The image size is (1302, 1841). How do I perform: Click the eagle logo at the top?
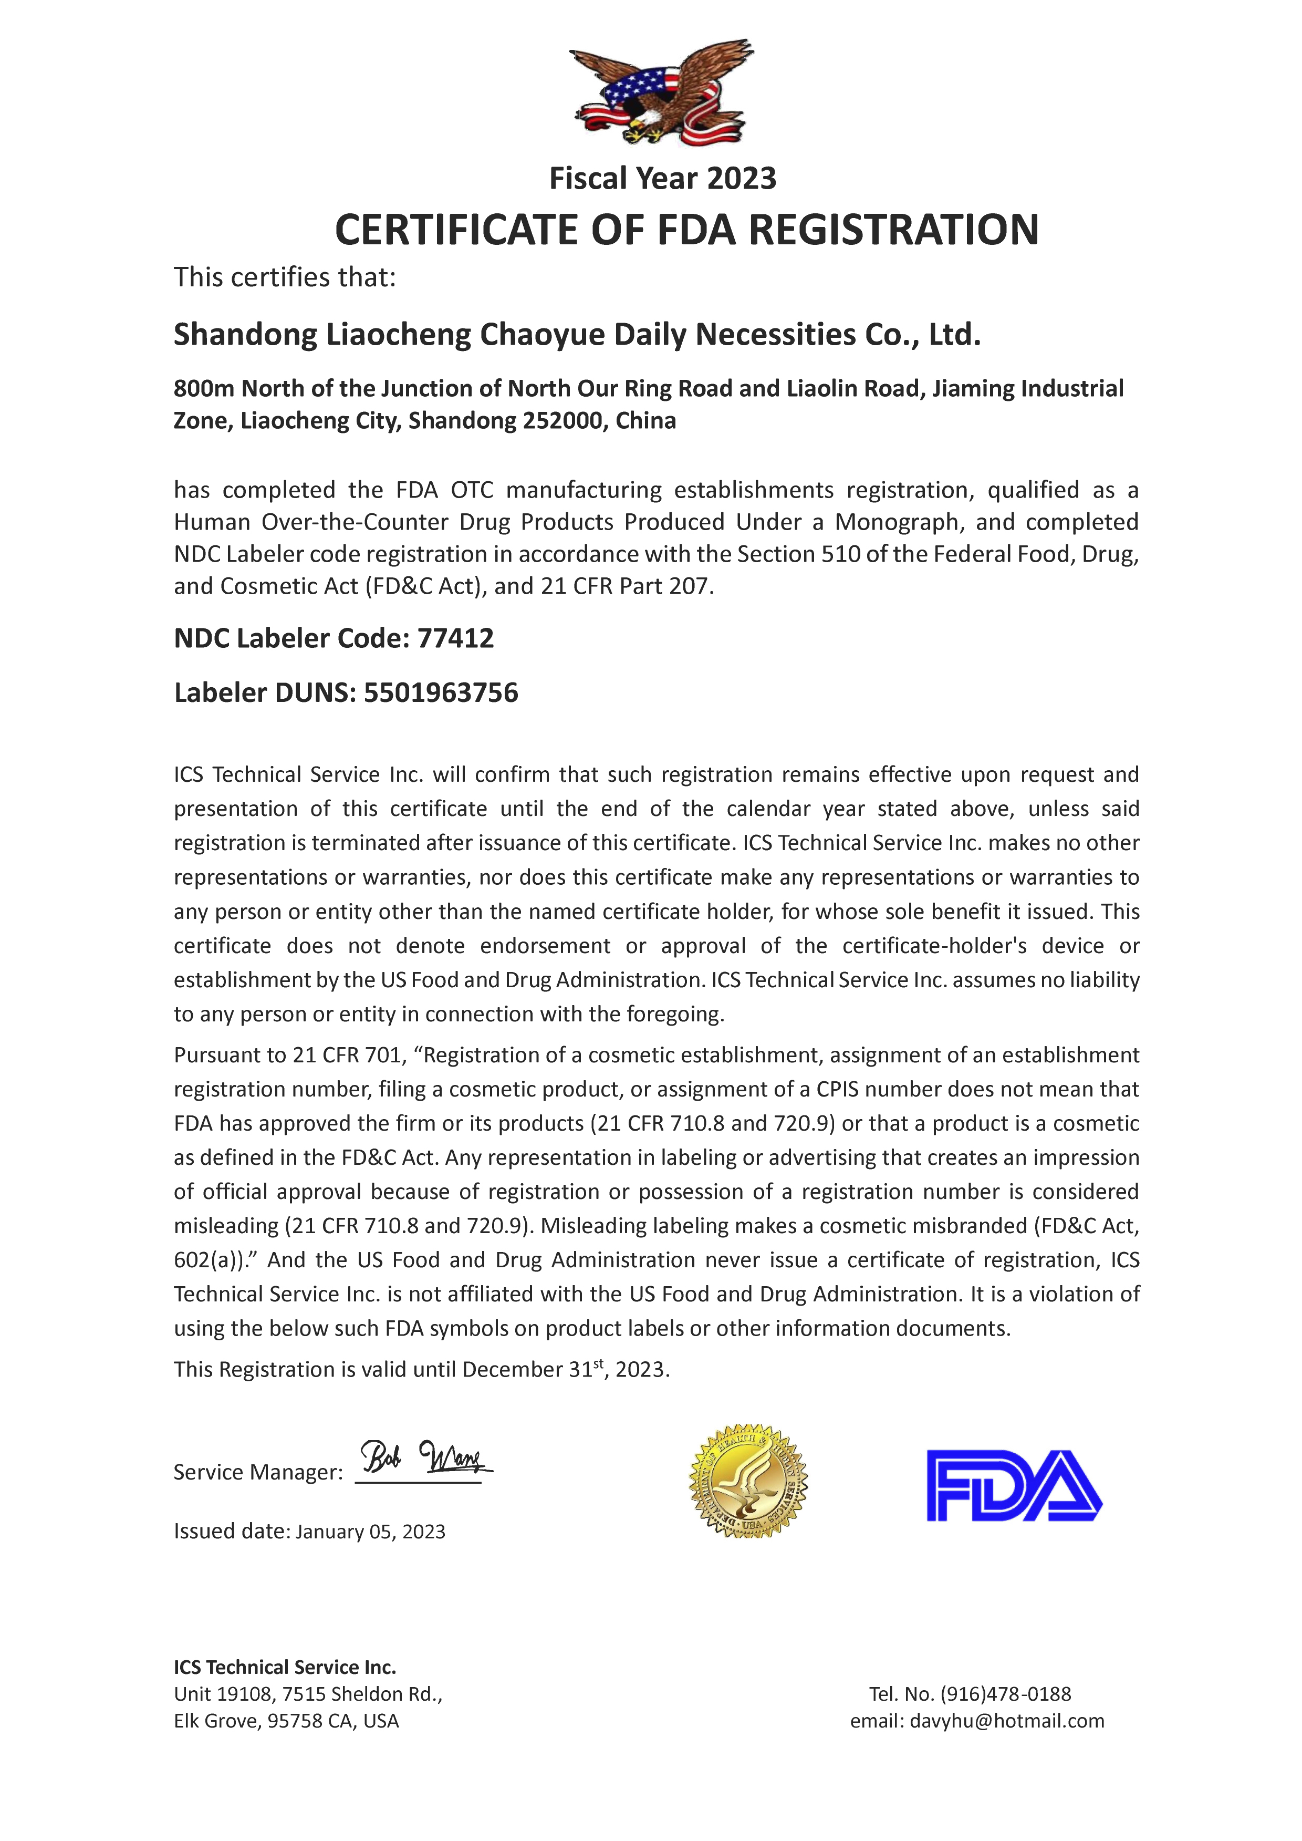661,92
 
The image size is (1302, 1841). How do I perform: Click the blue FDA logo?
1014,1486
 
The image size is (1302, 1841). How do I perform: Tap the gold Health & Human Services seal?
748,1481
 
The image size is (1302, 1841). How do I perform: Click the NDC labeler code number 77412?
455,638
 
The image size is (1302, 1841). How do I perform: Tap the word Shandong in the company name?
245,334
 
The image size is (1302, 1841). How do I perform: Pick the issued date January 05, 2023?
370,1532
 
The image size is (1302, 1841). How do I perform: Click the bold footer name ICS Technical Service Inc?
285,1667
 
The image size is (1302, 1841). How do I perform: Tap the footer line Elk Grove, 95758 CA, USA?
286,1721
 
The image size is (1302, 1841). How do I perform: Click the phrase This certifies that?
285,277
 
